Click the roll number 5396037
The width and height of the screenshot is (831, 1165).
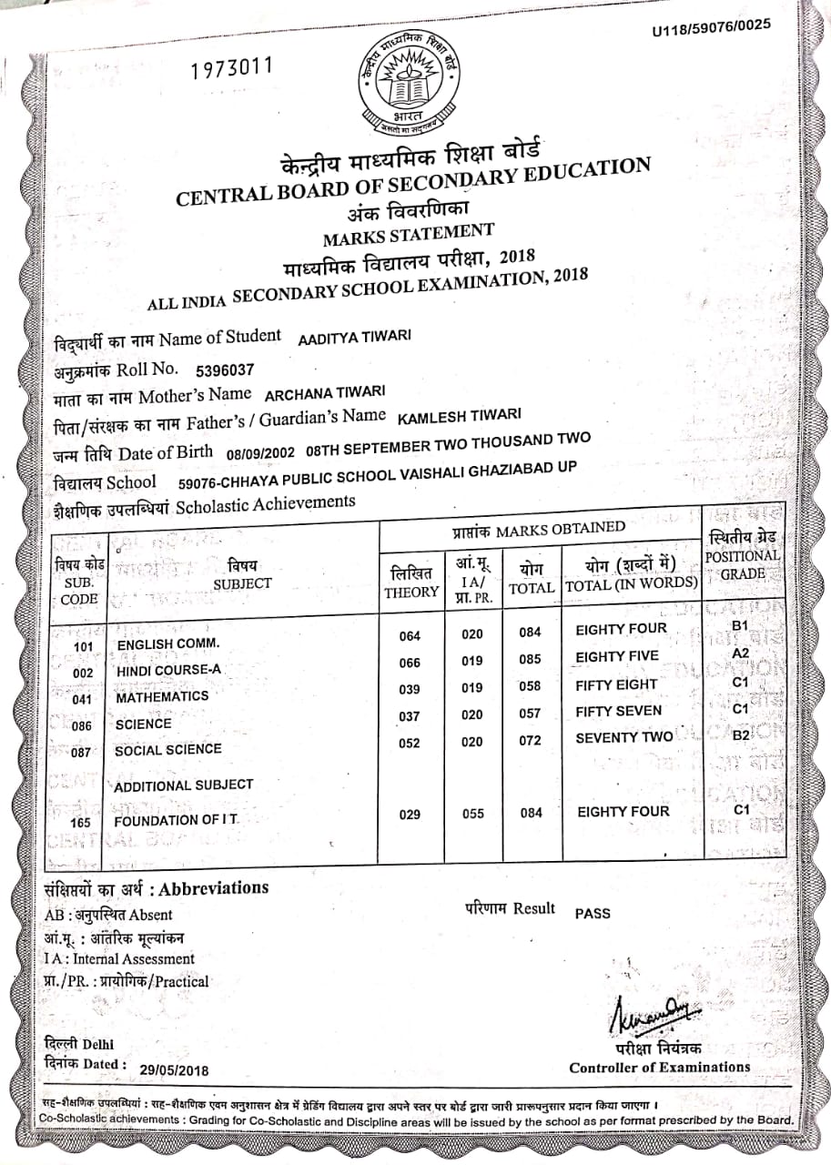tap(225, 370)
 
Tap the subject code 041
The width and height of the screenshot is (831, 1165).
tap(82, 700)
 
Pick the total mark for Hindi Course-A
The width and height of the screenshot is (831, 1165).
tap(531, 660)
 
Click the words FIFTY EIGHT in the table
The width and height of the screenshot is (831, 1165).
tap(616, 684)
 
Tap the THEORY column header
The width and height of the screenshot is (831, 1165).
tap(410, 582)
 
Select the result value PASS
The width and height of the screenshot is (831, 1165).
tap(593, 913)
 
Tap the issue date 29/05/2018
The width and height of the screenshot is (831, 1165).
tap(175, 1070)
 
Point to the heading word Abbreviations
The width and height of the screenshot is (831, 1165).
tap(215, 887)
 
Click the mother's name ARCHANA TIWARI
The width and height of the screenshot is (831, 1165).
tap(325, 393)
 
